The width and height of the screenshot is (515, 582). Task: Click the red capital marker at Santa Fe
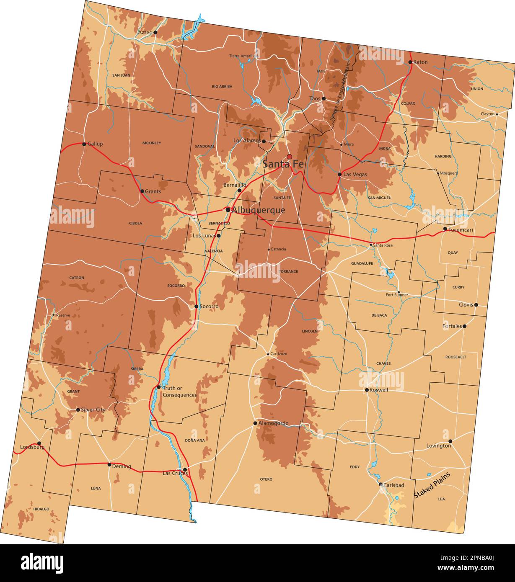point(289,157)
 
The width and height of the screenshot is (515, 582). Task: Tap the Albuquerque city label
point(258,210)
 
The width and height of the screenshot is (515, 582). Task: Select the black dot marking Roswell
point(367,390)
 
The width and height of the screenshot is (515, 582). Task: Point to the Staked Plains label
point(432,485)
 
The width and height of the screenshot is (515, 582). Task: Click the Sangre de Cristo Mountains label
point(340,90)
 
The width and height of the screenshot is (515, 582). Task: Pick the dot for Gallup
point(84,144)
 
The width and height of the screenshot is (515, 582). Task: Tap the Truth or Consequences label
point(179,392)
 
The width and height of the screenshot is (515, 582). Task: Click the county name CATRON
point(77,278)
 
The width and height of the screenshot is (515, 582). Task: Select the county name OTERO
point(266,479)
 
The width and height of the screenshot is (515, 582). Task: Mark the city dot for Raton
point(410,62)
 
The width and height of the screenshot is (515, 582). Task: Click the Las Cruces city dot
point(185,470)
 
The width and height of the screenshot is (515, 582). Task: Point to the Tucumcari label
point(461,230)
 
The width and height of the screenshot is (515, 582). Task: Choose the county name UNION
point(477,89)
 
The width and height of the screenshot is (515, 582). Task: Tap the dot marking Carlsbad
point(381,484)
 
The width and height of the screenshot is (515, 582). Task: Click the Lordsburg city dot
point(39,443)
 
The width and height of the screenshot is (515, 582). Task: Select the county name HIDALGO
point(41,509)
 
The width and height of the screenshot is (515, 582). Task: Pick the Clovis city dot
point(476,305)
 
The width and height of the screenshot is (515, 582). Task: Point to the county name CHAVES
point(383,363)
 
